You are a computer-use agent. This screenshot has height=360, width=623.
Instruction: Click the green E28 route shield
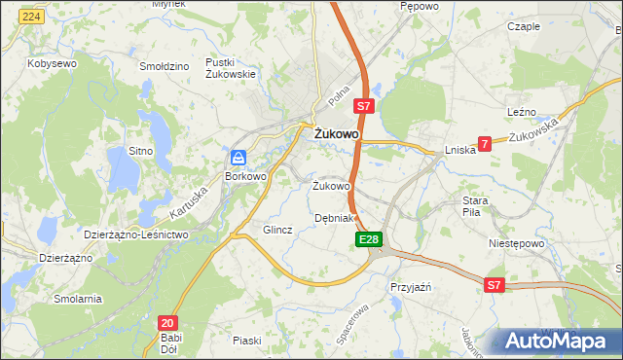(368, 239)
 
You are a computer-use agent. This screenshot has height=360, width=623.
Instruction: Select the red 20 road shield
(167, 322)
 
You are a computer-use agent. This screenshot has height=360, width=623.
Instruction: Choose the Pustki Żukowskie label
(231, 67)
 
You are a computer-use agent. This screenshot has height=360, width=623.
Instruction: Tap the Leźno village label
(523, 113)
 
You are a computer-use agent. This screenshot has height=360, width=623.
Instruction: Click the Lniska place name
(459, 150)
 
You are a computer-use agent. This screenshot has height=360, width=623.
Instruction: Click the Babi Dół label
(171, 344)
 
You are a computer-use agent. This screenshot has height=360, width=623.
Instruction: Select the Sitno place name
(141, 151)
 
